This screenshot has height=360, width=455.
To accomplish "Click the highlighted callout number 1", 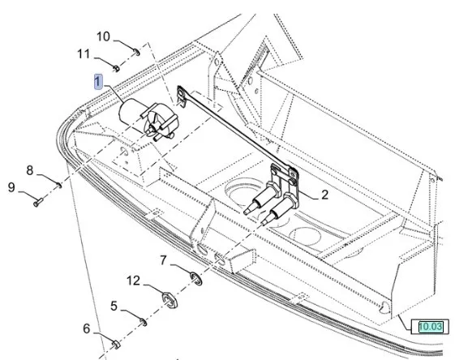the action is (98, 82).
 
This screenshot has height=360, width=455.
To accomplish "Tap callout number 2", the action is (324, 195).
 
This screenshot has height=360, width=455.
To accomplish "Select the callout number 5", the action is (114, 306).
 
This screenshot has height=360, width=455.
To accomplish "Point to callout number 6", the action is (87, 328).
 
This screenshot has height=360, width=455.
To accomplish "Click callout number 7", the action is (164, 260).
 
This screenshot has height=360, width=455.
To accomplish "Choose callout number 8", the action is (30, 170).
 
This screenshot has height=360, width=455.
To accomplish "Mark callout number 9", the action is (11, 187).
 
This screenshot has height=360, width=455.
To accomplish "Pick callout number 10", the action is (103, 36).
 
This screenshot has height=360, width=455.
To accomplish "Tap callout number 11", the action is (84, 54).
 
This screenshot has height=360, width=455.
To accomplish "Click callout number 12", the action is (133, 281).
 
